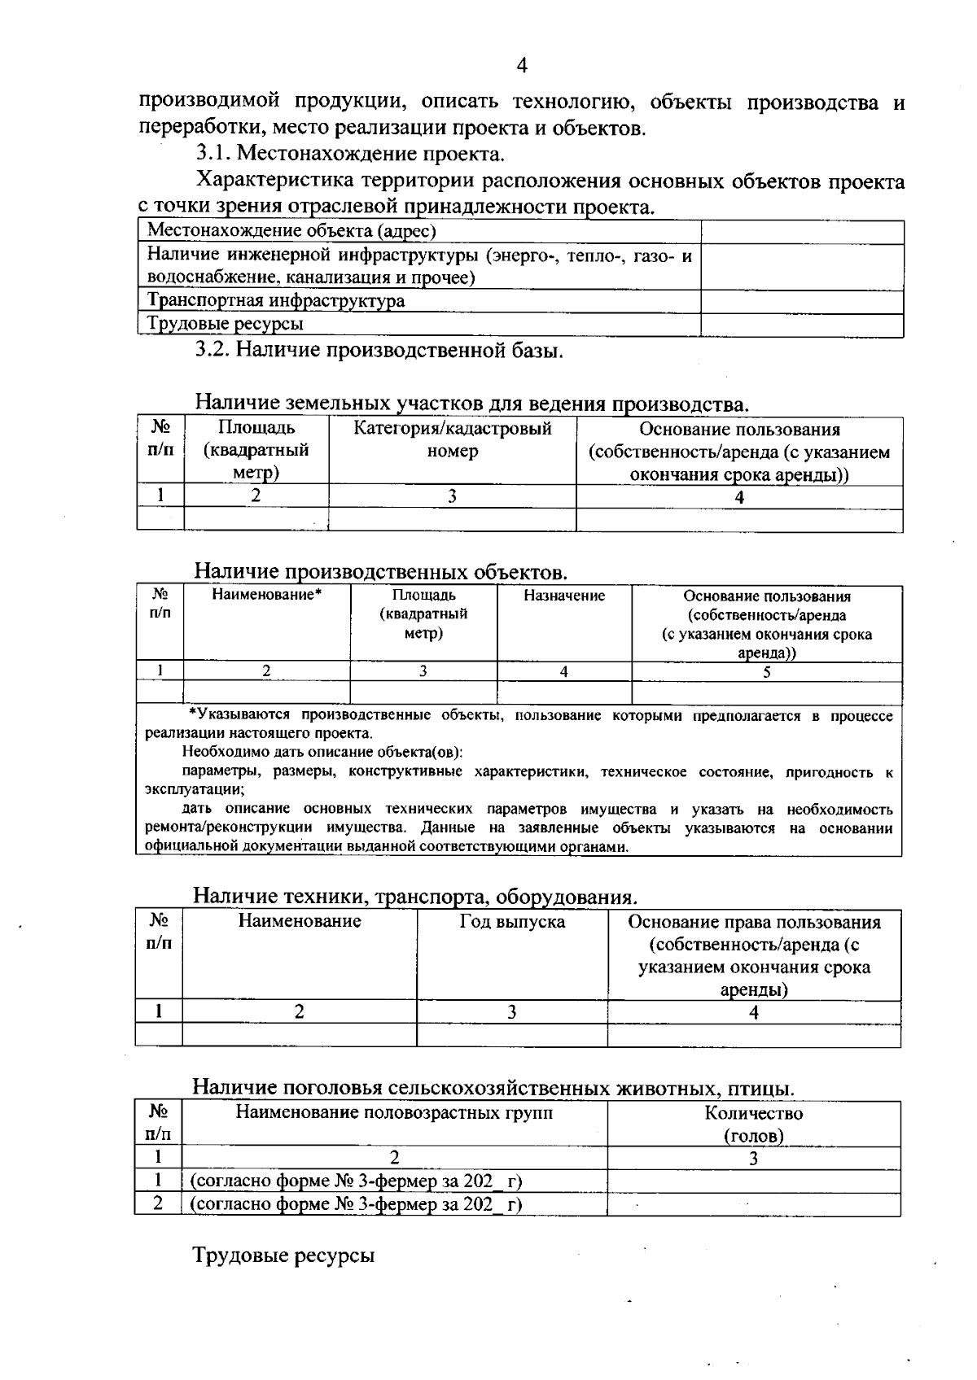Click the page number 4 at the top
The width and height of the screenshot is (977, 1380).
coord(521,66)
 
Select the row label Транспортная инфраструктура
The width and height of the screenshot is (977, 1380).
coord(276,301)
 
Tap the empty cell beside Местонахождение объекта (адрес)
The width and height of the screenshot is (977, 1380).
coord(802,232)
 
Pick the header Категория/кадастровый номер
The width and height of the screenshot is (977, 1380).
coord(452,440)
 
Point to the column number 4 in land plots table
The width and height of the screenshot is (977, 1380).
coord(738,497)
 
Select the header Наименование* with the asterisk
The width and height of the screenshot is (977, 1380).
coord(266,596)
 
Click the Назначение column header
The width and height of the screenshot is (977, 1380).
coord(564,596)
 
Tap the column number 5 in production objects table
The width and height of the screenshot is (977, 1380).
coord(766,672)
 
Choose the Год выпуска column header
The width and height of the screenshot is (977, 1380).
coord(511,922)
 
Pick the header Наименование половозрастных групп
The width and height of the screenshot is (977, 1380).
coord(394,1112)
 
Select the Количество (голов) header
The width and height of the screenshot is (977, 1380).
coord(753,1124)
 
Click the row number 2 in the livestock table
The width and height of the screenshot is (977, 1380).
coord(158,1203)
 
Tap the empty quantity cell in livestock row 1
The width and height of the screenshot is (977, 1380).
coord(753,1181)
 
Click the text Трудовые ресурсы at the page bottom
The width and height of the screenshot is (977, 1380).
coord(283,1256)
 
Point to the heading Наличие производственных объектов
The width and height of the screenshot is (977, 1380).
coord(380,572)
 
